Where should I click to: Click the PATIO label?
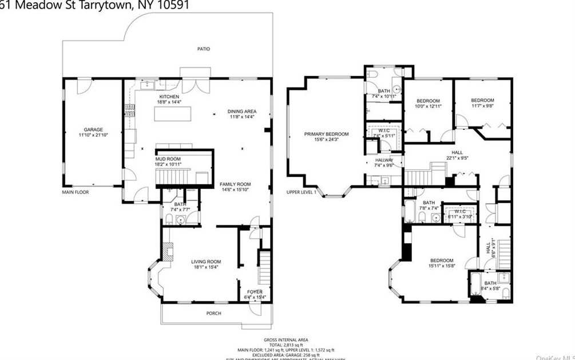(204, 49)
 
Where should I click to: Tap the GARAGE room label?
(93, 130)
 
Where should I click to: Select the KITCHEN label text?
(169, 97)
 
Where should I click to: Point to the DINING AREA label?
(242, 111)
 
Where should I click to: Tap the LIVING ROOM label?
(206, 262)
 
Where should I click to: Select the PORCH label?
(215, 314)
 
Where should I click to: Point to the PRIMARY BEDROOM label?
(326, 134)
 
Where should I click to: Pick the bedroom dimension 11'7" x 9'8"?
(483, 106)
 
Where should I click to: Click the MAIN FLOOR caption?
(76, 192)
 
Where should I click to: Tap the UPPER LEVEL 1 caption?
(302, 192)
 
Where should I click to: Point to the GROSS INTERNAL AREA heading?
(286, 339)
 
